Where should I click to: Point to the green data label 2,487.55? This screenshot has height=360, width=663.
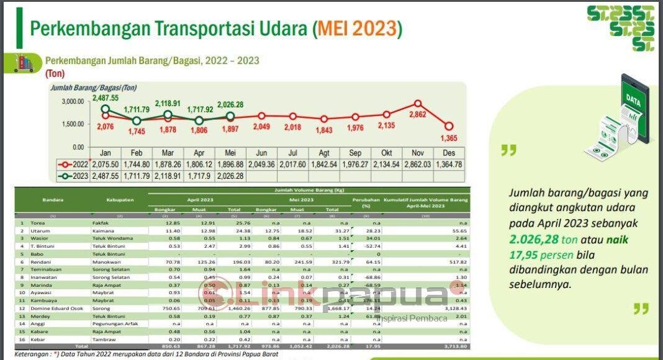coord(106,97)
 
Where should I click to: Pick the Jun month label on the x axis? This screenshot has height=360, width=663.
coord(261,153)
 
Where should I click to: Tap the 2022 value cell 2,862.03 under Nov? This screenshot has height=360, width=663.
coord(417,164)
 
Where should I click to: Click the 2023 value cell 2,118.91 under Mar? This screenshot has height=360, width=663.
coord(168,176)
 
